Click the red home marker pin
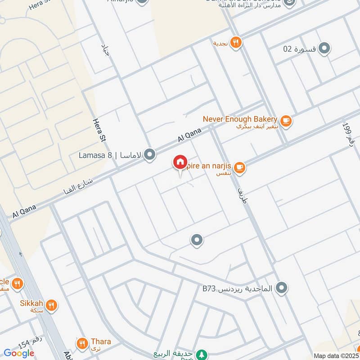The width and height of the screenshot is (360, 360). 180,162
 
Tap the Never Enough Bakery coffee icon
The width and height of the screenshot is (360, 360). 285,121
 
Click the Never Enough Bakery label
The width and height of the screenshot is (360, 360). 239,119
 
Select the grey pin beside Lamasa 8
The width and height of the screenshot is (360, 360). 150,155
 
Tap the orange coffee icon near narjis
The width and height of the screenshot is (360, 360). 240,167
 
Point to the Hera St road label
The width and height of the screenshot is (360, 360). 99,130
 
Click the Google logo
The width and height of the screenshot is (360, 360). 19,353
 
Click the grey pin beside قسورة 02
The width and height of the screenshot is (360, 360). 324,48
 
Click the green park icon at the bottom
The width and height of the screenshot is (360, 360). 203,354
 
